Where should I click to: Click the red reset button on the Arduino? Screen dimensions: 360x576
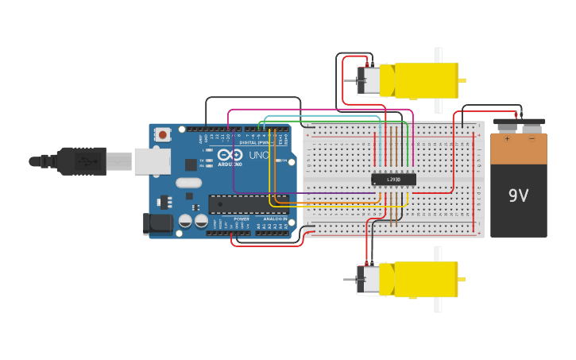tap(163, 134)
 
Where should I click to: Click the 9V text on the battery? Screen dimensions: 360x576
tap(518, 194)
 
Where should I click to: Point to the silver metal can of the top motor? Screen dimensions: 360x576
tap(369, 80)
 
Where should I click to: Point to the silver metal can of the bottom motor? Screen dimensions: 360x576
tap(369, 280)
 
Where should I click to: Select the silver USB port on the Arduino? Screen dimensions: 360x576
tap(152, 161)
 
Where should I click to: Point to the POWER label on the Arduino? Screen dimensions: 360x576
tap(241, 219)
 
